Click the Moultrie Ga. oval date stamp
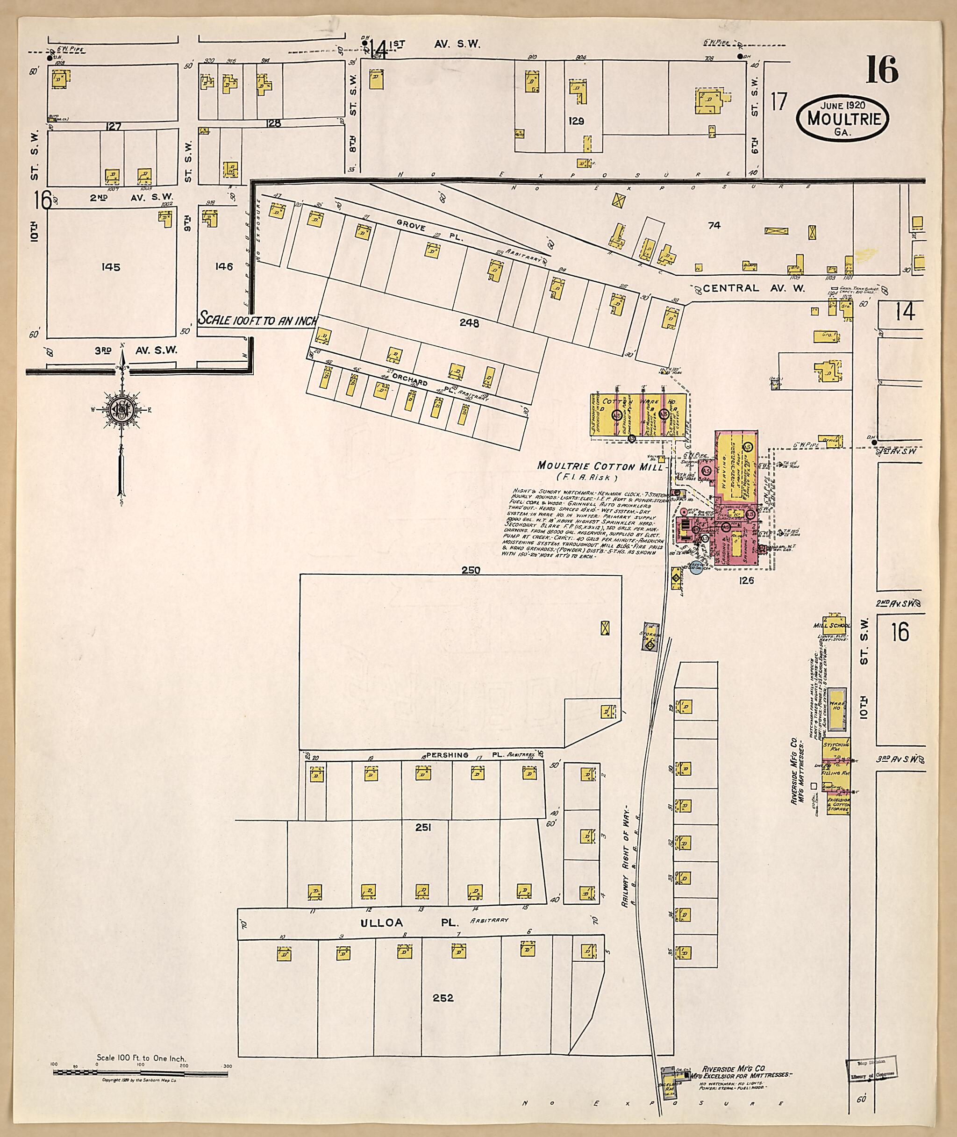tap(842, 118)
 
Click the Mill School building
tap(832, 622)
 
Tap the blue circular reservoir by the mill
tap(695, 568)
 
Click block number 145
tap(110, 267)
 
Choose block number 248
tap(469, 323)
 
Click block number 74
tap(714, 225)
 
